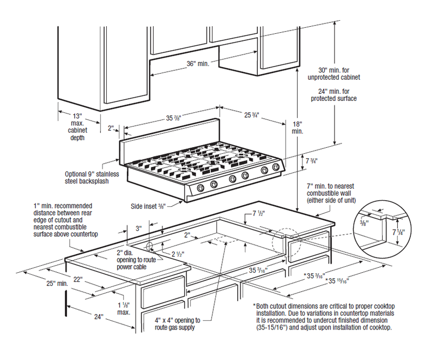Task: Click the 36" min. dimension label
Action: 198,64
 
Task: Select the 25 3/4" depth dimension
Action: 251,115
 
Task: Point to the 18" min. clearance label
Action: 297,128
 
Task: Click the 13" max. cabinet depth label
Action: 76,127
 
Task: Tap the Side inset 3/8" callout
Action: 149,206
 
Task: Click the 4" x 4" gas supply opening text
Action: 178,323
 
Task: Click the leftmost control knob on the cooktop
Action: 201,188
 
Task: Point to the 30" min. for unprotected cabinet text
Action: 338,74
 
